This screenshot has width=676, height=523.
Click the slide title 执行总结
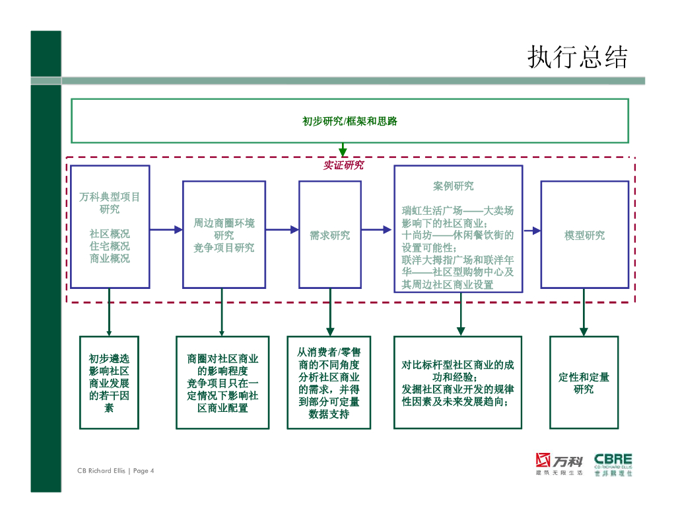[577, 58]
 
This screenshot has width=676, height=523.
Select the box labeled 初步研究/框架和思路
[349, 121]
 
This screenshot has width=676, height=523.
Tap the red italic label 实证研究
[343, 165]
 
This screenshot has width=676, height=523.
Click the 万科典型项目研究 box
[110, 227]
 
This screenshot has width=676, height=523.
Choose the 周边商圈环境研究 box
[224, 235]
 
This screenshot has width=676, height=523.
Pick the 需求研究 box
[329, 235]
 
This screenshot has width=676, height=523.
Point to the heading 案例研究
[453, 186]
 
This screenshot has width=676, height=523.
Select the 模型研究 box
[584, 235]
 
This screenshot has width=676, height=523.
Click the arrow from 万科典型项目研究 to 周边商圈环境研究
[166, 229]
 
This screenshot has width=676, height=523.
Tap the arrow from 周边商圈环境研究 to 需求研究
[282, 229]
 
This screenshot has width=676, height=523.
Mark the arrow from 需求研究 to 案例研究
[377, 229]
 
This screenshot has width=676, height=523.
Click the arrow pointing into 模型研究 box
[531, 230]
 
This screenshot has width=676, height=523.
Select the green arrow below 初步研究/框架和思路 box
[343, 150]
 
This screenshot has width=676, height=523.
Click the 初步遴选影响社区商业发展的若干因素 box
[109, 383]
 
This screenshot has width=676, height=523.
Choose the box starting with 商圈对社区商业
[222, 383]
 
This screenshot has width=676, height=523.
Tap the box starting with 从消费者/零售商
[329, 383]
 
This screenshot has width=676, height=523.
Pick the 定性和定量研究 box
[584, 383]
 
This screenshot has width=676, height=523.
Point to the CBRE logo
[613, 463]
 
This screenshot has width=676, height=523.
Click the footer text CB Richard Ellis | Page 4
[116, 471]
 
